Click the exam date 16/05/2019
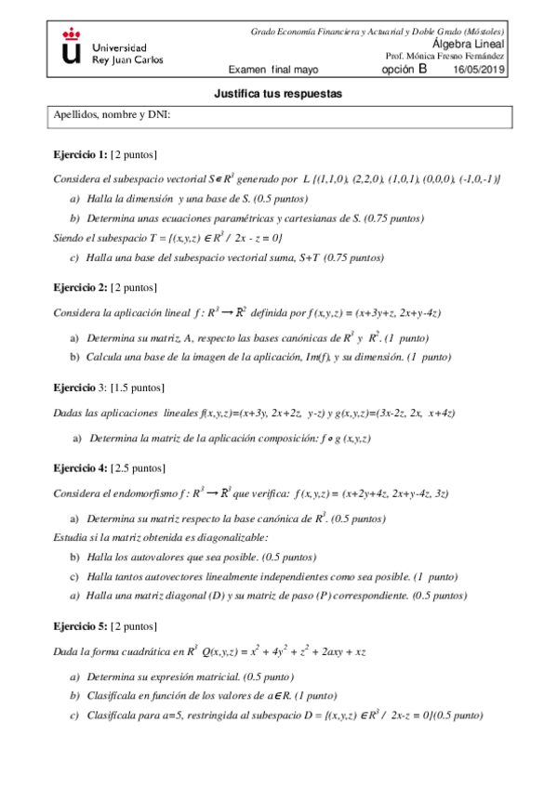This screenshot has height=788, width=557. (x=479, y=70)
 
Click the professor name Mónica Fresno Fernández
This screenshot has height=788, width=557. (x=456, y=57)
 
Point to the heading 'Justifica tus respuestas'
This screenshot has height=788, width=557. (x=278, y=94)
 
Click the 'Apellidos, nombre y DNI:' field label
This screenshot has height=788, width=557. (x=113, y=115)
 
